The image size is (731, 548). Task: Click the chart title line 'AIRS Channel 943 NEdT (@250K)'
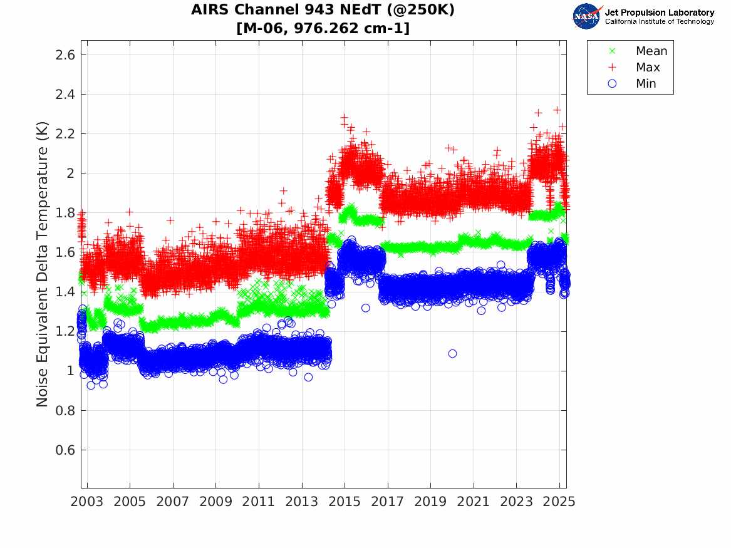(323, 10)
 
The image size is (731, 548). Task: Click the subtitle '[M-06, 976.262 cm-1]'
(323, 28)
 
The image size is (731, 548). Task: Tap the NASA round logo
(587, 16)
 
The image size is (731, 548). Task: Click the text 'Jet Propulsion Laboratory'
(659, 12)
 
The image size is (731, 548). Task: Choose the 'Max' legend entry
(648, 68)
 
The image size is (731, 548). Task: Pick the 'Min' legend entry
(646, 84)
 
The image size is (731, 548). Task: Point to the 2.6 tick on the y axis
(62, 54)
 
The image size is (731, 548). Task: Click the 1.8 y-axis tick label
(62, 213)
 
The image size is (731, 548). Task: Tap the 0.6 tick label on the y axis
(62, 450)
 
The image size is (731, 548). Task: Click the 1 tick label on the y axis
(68, 371)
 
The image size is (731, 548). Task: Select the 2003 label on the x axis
(87, 502)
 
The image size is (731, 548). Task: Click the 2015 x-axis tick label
(345, 502)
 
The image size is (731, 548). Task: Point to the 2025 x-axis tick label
(559, 502)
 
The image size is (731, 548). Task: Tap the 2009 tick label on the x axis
(216, 502)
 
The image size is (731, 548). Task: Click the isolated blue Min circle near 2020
(452, 354)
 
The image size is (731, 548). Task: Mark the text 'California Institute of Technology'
(659, 22)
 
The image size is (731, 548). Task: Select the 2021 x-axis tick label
(474, 502)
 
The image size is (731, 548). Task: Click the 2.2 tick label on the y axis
(62, 134)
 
